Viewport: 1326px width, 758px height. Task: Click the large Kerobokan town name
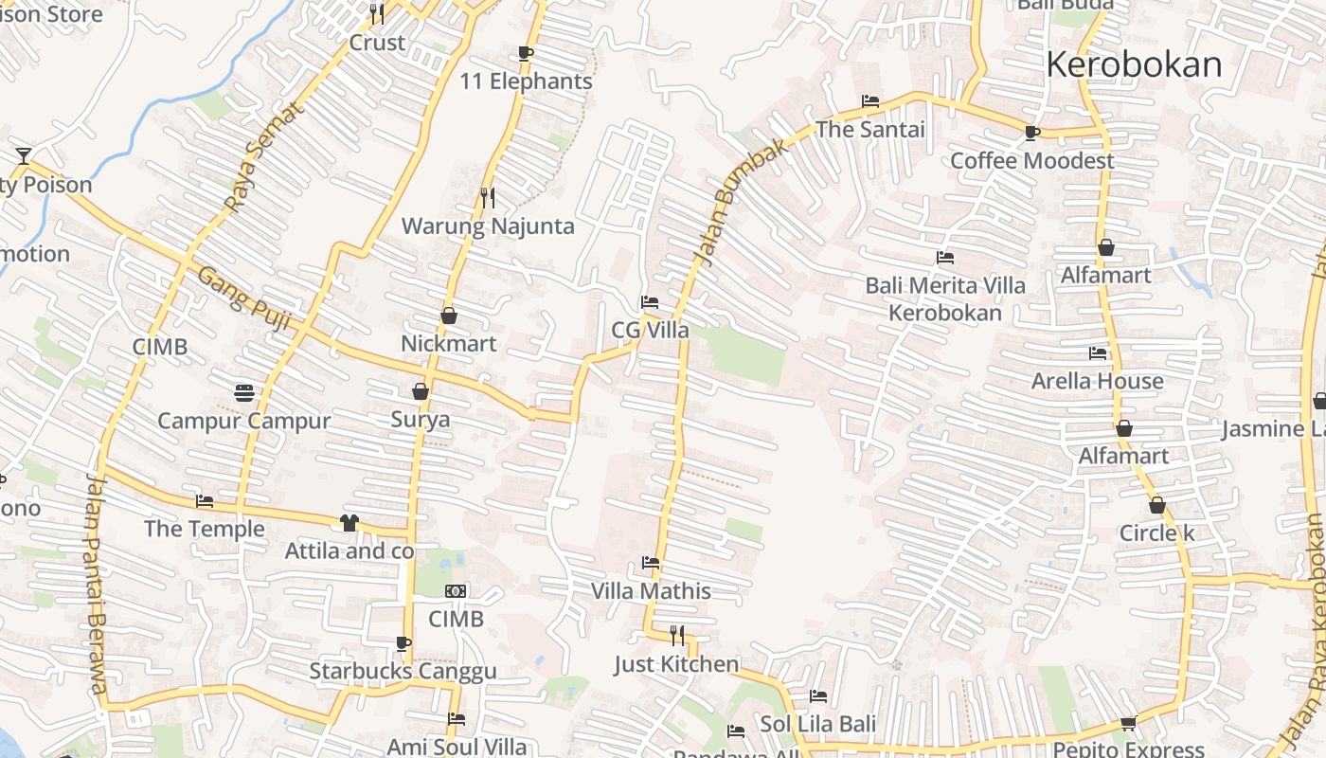point(1134,64)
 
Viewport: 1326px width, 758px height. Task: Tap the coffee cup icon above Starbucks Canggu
point(403,644)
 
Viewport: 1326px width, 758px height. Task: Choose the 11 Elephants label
point(526,81)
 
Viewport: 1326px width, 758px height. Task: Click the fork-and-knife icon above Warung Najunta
point(488,197)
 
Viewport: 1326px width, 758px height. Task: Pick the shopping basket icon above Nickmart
point(449,316)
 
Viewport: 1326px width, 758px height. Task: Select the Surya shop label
point(421,419)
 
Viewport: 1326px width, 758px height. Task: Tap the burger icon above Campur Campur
point(244,392)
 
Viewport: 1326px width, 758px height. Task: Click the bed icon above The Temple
point(205,501)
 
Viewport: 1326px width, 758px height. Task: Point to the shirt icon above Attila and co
point(349,523)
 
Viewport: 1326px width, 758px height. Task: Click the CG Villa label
point(650,331)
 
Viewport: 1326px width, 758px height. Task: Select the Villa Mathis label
point(651,591)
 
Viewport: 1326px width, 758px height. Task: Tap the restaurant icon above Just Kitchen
point(677,635)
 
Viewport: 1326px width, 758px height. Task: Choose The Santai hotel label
point(870,130)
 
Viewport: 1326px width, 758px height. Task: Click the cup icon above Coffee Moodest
point(1031,133)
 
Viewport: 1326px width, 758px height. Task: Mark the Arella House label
point(1097,381)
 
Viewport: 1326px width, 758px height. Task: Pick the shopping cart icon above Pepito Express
point(1128,724)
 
